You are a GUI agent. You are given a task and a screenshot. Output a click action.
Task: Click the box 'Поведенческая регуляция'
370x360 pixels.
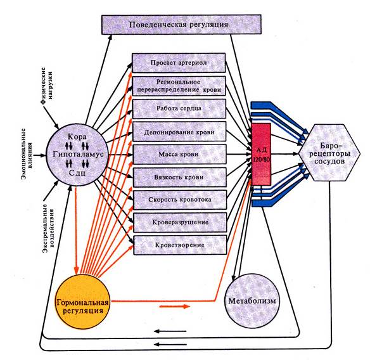pos(181,25)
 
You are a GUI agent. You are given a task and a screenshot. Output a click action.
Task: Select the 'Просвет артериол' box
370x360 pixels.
pos(179,63)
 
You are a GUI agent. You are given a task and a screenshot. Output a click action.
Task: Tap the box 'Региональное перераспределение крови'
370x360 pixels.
pos(179,86)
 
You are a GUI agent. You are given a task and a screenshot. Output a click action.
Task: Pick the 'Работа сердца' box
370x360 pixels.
pos(179,108)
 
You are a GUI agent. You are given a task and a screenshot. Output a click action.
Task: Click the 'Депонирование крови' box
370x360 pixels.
pos(179,131)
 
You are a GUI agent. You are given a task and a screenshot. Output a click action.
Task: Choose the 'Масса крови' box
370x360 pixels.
pos(179,154)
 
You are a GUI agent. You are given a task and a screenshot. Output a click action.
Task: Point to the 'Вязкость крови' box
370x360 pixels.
pos(180,177)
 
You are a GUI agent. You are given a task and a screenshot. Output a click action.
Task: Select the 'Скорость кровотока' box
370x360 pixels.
pos(180,200)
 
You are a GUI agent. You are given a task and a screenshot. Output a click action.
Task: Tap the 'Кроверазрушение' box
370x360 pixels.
pos(181,222)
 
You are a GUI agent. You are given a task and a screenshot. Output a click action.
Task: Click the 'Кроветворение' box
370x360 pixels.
pos(181,245)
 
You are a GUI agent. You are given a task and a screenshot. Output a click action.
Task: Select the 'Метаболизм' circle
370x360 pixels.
pos(252,301)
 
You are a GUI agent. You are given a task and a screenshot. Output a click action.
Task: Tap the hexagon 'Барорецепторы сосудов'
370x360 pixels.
pos(329,153)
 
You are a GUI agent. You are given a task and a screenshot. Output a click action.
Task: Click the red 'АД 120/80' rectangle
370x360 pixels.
pos(262,154)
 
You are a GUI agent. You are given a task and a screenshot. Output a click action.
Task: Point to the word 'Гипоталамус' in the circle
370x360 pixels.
pos(78,155)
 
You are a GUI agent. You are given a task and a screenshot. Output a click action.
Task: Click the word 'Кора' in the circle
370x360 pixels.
pos(77,137)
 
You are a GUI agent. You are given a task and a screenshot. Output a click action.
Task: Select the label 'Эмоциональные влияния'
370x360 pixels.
pos(27,154)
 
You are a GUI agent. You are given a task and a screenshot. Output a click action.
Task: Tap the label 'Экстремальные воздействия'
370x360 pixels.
pos(48,228)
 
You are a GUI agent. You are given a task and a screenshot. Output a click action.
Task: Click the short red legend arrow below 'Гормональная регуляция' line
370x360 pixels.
pos(175,306)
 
